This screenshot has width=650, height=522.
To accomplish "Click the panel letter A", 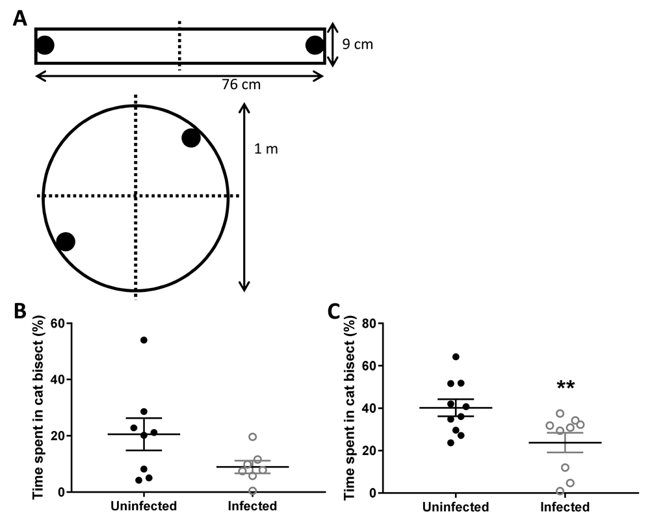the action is point(20,18).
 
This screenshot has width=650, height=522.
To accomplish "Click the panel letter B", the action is point(20,311).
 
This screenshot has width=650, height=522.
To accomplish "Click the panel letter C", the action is point(334,312).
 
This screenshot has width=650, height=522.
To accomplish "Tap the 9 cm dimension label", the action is point(357,44).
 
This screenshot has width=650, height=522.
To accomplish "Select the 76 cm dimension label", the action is point(241,84).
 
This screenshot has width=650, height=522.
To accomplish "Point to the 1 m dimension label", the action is point(266,148).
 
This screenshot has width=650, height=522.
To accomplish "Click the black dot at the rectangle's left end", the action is point(45,45).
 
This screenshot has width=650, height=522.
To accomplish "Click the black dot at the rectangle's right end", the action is point(315,46).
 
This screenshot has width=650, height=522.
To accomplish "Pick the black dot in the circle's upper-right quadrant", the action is point(191,138).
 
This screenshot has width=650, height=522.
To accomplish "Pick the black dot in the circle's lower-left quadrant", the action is point(66,241).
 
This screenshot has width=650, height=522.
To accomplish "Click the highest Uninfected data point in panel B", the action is point(144,340).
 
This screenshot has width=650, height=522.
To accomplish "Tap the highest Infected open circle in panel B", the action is point(252,437).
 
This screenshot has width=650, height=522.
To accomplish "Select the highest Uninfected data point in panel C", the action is point(456,357).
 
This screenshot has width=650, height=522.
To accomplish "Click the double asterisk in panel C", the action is point(565,385).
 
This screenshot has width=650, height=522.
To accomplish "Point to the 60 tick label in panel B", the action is point(58,323).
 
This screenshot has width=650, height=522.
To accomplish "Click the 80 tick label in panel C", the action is point(370,323).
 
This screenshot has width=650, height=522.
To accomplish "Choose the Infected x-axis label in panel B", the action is point(252,506).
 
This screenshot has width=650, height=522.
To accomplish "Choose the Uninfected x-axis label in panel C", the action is point(456,506).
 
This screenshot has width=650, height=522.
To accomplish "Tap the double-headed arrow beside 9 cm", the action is point(333,44).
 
